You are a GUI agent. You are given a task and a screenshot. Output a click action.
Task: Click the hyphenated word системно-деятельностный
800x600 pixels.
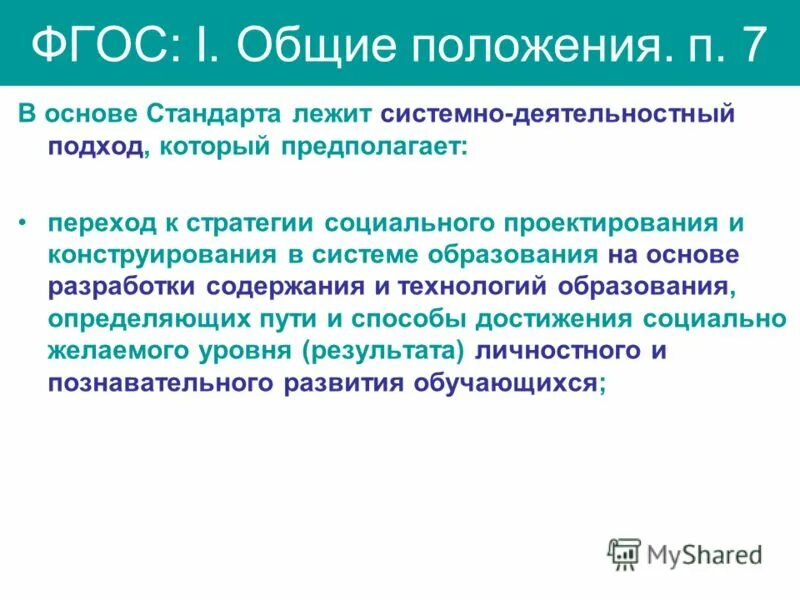[557, 114]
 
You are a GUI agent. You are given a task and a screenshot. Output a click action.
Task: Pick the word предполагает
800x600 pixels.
[372, 147]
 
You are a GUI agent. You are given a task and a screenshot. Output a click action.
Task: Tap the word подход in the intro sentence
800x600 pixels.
[94, 147]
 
